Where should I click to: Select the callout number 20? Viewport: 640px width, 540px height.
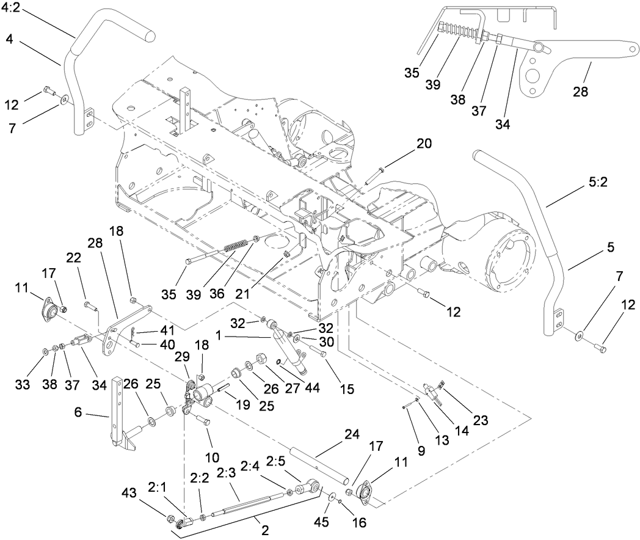[423, 144]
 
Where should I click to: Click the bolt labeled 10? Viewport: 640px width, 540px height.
[202, 420]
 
